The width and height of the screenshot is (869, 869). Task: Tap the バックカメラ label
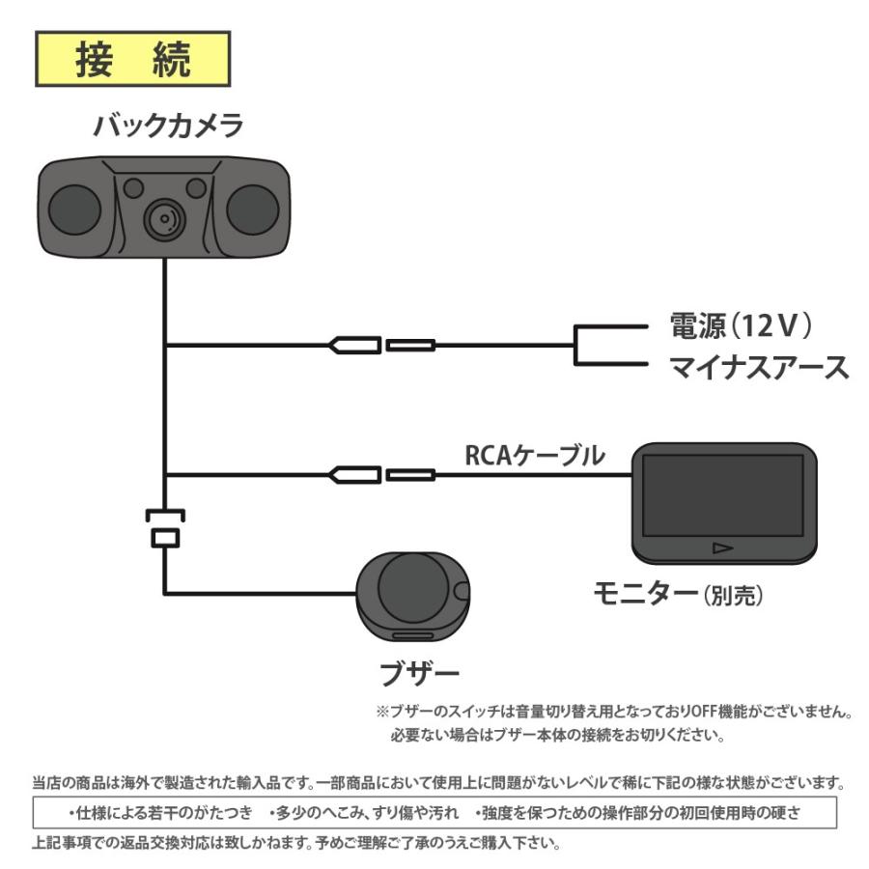click(x=168, y=126)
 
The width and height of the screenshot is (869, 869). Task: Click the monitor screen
click(x=722, y=494)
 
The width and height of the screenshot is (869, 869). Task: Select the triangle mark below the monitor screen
click(x=722, y=548)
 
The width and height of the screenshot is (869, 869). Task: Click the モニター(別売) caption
click(x=678, y=596)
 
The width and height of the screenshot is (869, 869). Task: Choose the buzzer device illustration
click(x=411, y=592)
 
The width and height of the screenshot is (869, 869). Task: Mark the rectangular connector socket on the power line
click(x=410, y=345)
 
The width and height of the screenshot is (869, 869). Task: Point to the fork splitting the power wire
click(x=576, y=345)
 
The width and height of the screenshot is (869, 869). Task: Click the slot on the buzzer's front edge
click(x=412, y=636)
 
